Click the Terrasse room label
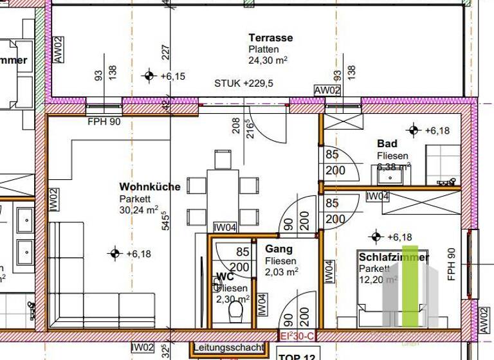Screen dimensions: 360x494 pyautogui.click(x=271, y=38)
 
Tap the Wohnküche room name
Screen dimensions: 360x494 pyautogui.click(x=150, y=187)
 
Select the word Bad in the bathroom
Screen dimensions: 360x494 pyautogui.click(x=387, y=144)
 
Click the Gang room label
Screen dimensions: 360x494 pyautogui.click(x=279, y=249)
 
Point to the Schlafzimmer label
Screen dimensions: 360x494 pyautogui.click(x=394, y=258)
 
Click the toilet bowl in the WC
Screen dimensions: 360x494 pyautogui.click(x=235, y=313)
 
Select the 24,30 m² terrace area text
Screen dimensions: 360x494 pyautogui.click(x=268, y=60)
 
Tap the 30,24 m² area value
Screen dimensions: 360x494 pyautogui.click(x=138, y=210)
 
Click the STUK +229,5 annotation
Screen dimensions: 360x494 pyautogui.click(x=244, y=84)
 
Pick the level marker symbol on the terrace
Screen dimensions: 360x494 pyautogui.click(x=150, y=76)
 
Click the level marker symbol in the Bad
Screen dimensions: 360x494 pyautogui.click(x=413, y=130)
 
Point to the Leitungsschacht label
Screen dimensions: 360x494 pyautogui.click(x=228, y=348)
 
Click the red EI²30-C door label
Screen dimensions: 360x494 pyautogui.click(x=297, y=335)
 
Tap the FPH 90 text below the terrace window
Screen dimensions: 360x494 pyautogui.click(x=104, y=122)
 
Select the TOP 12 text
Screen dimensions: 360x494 pyautogui.click(x=298, y=355)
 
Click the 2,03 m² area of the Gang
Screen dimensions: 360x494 pyautogui.click(x=281, y=272)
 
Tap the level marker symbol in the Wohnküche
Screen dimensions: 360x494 pyautogui.click(x=115, y=253)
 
